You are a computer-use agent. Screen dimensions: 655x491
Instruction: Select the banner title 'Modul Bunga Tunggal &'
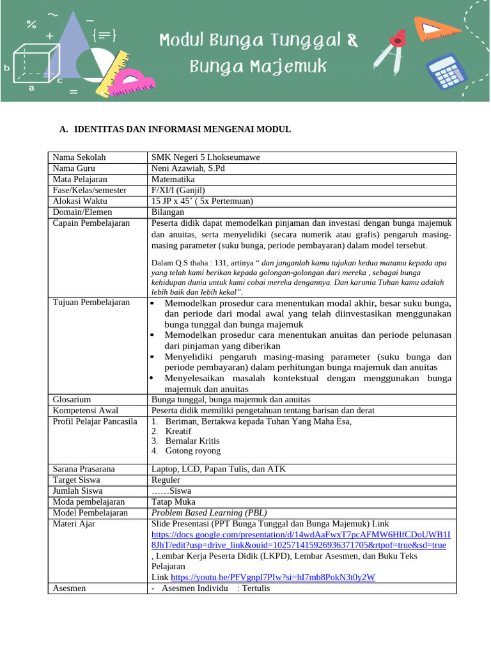259,42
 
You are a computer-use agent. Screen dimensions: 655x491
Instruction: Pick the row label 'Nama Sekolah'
79,157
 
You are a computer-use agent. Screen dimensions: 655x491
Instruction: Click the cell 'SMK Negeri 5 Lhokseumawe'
205,157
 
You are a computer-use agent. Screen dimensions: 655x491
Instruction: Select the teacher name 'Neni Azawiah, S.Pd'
188,168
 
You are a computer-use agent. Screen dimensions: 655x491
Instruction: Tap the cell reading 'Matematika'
173,179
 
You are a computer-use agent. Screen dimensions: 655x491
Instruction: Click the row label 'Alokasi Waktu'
80,201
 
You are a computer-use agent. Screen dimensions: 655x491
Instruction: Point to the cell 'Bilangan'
168,212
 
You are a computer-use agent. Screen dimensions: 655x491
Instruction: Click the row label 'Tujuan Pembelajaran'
91,303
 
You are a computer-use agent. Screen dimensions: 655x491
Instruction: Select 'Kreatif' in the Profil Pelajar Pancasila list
178,431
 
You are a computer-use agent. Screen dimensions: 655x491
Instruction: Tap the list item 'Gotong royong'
192,450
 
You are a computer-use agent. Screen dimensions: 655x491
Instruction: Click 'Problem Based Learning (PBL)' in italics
209,512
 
